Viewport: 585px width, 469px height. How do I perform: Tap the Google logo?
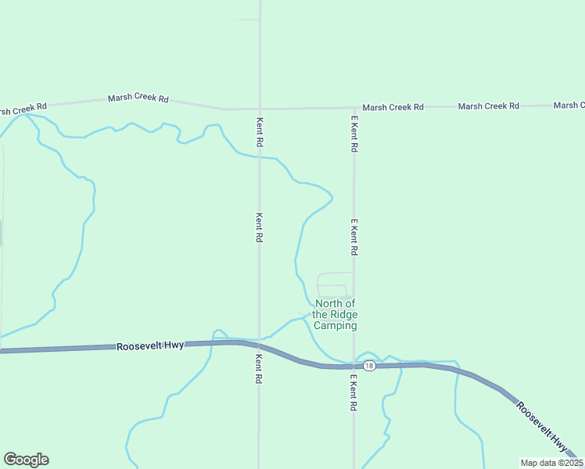pyautogui.click(x=26, y=460)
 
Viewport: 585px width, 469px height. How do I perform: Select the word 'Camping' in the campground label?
pyautogui.click(x=335, y=326)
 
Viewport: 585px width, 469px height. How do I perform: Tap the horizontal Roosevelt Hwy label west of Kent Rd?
pyautogui.click(x=150, y=345)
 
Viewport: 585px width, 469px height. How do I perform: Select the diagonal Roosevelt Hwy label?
pyautogui.click(x=542, y=427)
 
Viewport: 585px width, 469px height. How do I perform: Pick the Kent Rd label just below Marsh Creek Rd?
pyautogui.click(x=260, y=133)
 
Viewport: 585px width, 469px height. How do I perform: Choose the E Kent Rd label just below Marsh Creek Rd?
pyautogui.click(x=354, y=134)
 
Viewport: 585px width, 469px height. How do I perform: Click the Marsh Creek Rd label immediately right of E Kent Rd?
pyautogui.click(x=393, y=106)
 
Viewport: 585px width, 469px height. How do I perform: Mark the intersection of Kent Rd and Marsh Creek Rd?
pyautogui.click(x=260, y=109)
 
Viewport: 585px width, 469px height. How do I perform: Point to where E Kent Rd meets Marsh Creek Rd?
pyautogui.click(x=354, y=108)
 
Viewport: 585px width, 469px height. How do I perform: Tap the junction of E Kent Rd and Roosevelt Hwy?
pyautogui.click(x=354, y=366)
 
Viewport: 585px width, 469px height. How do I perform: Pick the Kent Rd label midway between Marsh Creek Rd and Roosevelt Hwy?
pyautogui.click(x=259, y=227)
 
